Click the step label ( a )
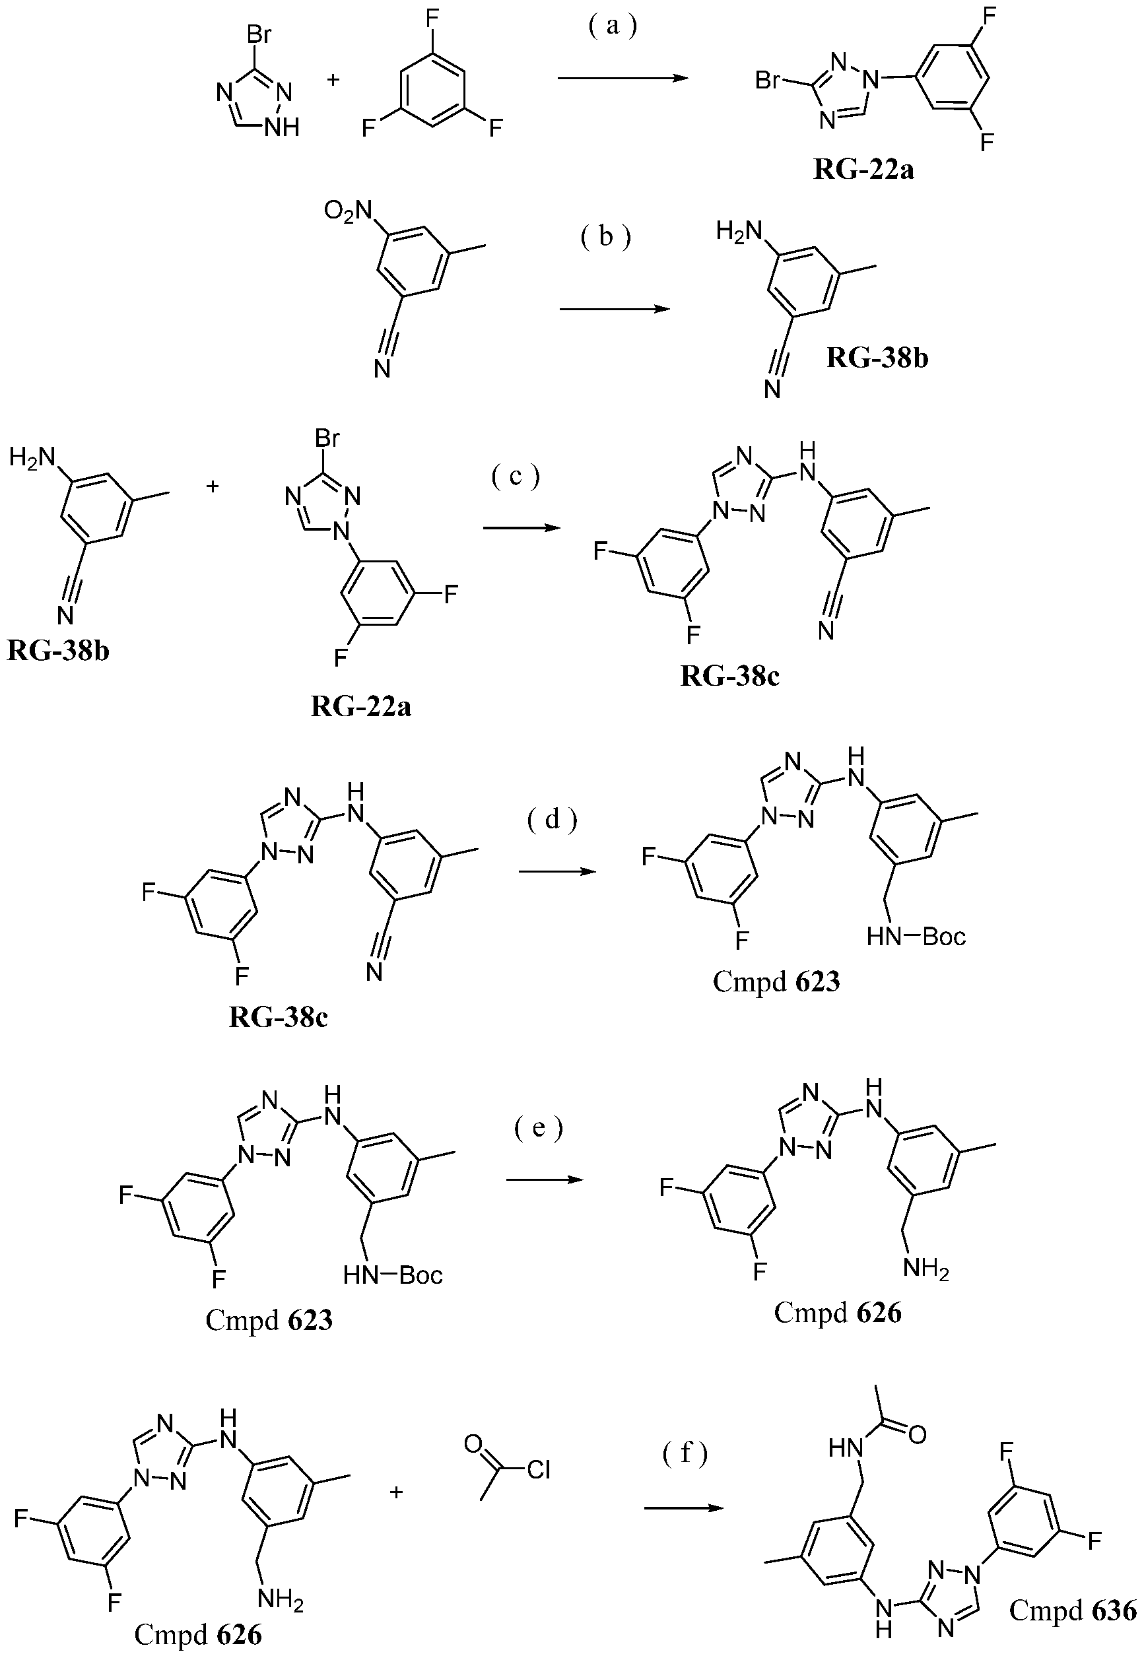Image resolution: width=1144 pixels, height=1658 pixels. (x=612, y=27)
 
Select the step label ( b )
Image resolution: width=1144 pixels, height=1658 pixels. (x=606, y=236)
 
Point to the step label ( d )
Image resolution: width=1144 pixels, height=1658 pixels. (x=552, y=820)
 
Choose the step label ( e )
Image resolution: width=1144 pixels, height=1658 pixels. (x=539, y=1129)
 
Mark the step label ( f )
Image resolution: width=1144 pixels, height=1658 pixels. (x=685, y=1452)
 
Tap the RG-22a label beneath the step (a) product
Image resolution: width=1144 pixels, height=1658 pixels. (x=863, y=170)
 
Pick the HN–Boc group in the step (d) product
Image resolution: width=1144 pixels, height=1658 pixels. (x=916, y=937)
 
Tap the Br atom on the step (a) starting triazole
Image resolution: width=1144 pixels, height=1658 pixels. (x=259, y=34)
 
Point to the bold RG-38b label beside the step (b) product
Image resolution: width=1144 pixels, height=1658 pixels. (x=877, y=358)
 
